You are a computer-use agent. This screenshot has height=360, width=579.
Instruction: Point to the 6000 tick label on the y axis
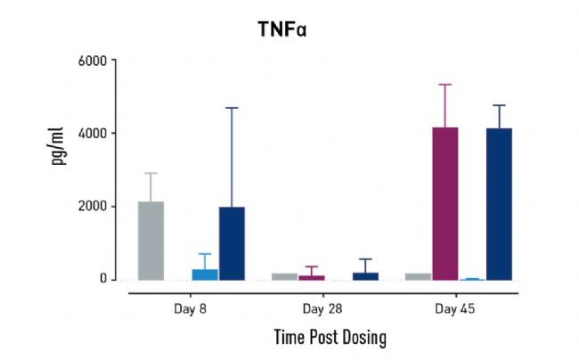click(92, 61)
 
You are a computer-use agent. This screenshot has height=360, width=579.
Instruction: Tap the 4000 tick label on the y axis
click(92, 134)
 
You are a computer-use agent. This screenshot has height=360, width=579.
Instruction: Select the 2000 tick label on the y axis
click(92, 206)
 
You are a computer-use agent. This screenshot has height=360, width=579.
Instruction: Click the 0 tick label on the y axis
click(102, 279)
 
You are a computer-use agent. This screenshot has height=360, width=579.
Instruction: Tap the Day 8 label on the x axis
click(192, 309)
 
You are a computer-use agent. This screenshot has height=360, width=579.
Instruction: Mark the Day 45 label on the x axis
click(454, 309)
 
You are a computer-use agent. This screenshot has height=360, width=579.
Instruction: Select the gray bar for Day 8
click(151, 241)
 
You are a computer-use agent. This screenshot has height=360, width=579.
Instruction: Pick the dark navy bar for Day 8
click(232, 243)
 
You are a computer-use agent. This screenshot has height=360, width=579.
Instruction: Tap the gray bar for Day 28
click(284, 276)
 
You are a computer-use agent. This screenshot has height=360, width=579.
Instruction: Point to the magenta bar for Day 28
click(311, 277)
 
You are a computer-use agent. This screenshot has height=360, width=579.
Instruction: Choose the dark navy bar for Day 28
click(365, 276)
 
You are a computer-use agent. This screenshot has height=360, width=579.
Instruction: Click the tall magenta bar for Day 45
click(444, 203)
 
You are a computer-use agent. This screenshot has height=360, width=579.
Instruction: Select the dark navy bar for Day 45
click(499, 204)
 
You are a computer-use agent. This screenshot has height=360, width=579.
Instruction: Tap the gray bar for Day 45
click(418, 276)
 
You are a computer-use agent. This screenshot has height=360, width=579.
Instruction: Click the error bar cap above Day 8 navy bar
click(232, 108)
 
